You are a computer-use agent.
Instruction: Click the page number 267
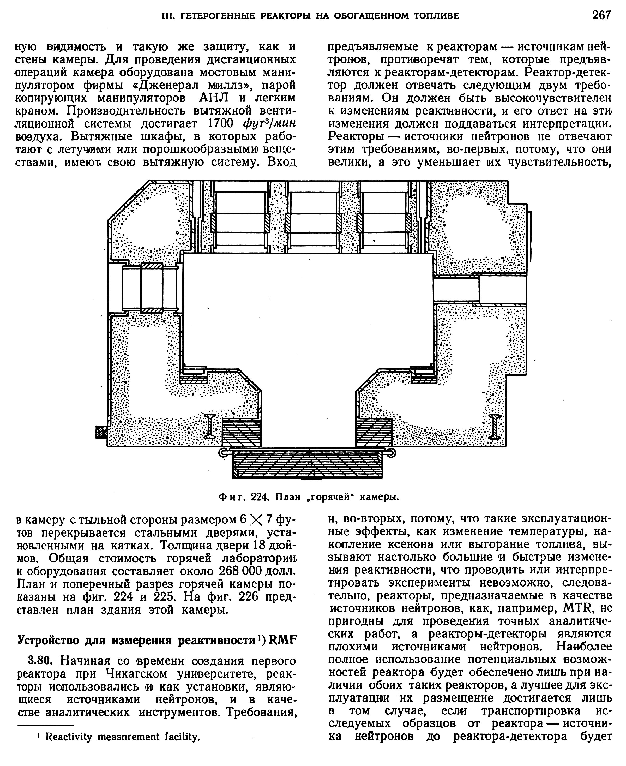coord(601,15)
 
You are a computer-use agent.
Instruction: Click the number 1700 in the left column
coord(221,124)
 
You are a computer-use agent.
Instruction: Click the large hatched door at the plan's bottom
coord(308,463)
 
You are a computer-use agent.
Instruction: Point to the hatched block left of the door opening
coord(241,432)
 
